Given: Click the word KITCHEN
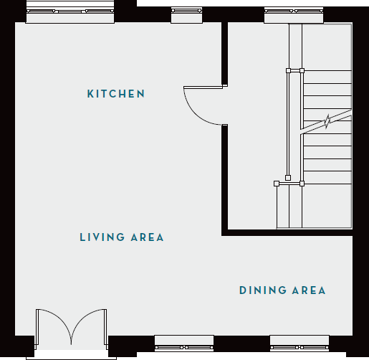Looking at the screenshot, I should (116, 94).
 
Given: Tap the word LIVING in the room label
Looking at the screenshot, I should (100, 237).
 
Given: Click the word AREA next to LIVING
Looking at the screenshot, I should (147, 237).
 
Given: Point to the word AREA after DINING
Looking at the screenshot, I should (309, 290).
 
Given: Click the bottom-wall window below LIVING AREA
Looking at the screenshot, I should (184, 342).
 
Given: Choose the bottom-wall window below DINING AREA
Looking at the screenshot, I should (299, 342).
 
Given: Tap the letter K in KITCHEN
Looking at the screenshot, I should (90, 94).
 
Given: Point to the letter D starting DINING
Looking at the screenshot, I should (242, 290).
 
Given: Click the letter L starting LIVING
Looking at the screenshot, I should (82, 237).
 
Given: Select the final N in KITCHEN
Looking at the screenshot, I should (142, 94).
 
